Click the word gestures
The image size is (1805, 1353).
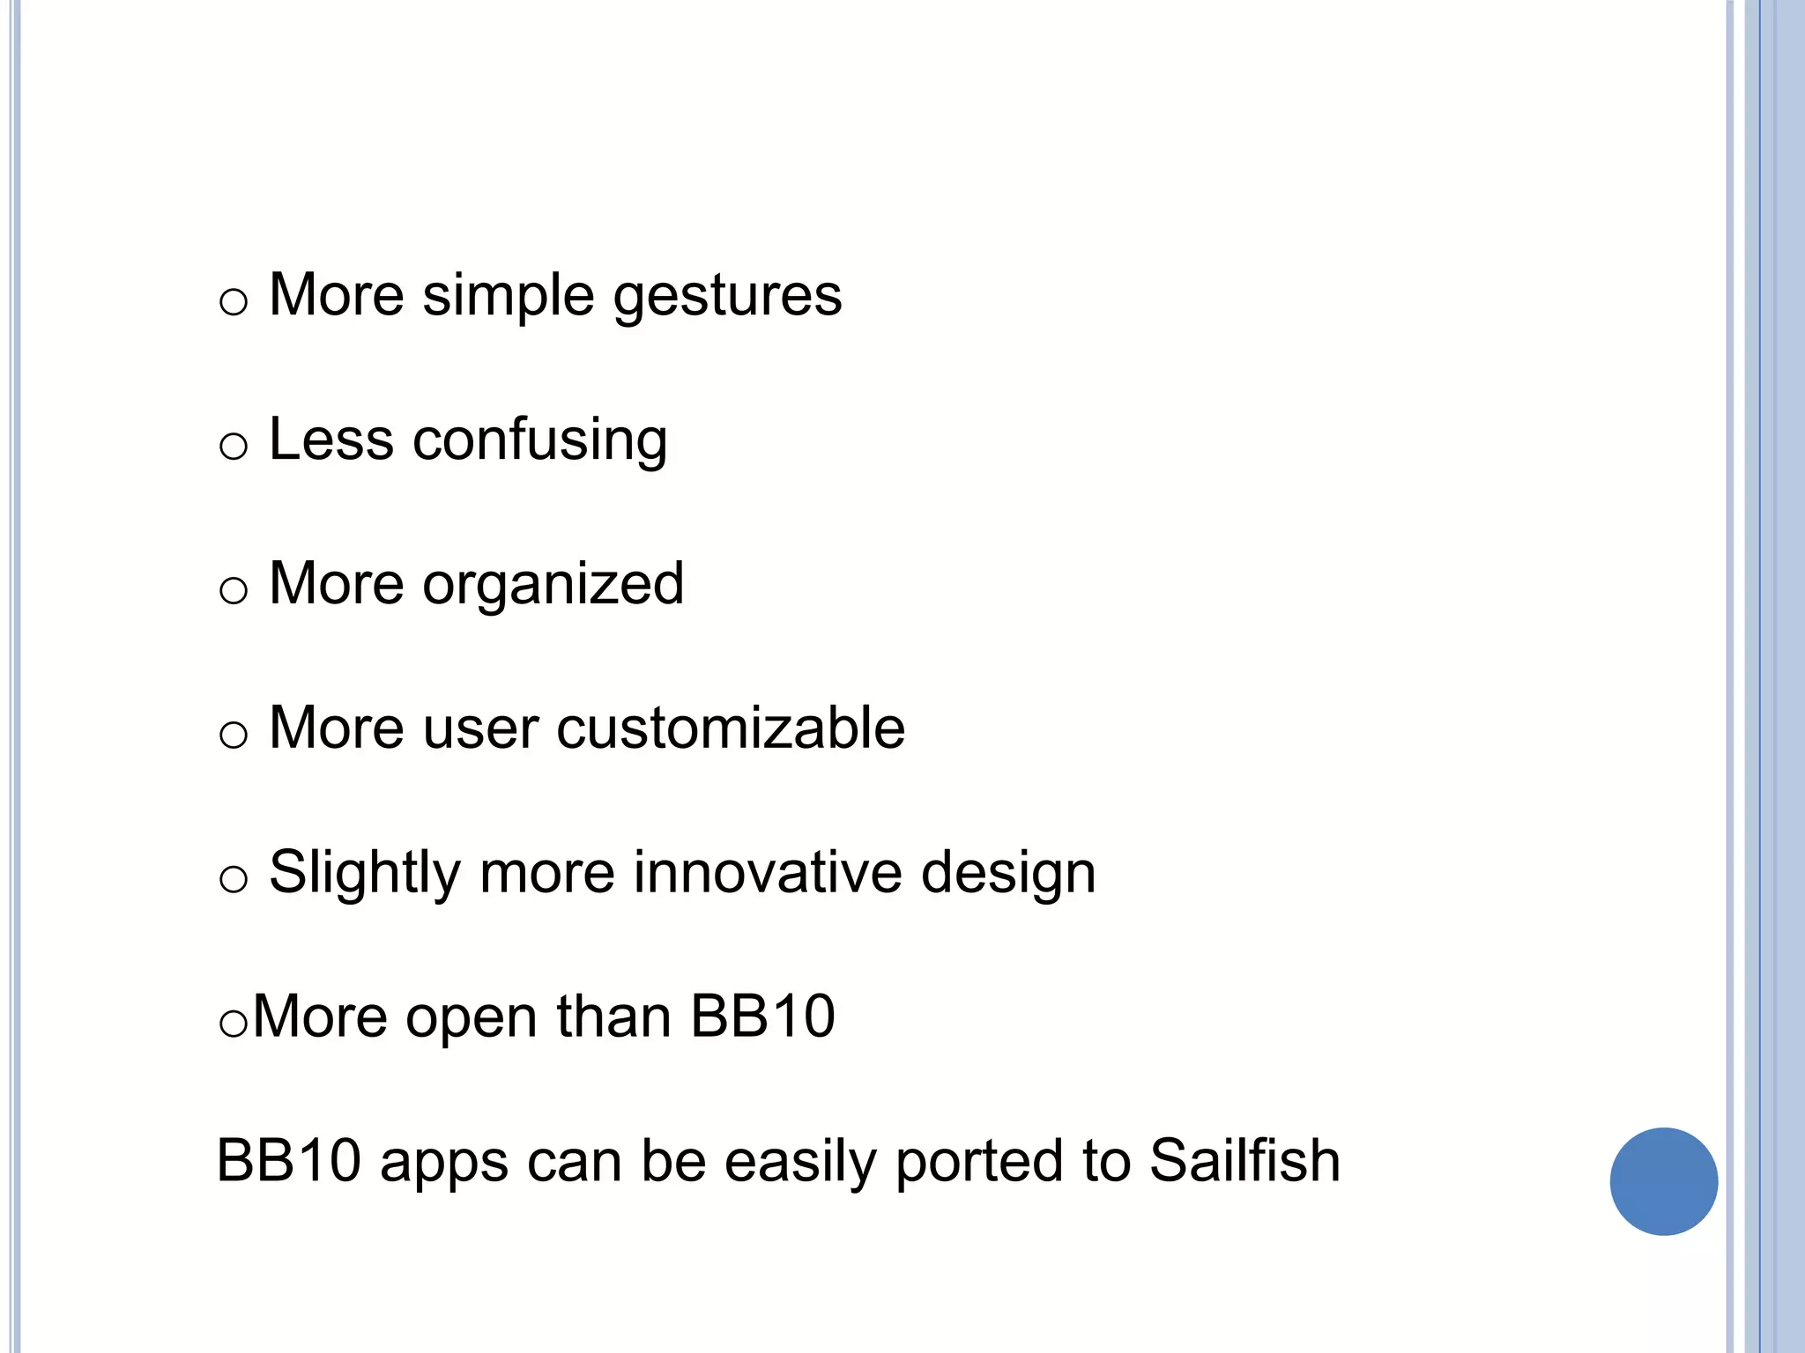tap(727, 296)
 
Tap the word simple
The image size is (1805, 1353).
tap(509, 296)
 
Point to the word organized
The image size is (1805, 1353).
tap(553, 585)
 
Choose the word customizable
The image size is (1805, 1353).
tap(730, 728)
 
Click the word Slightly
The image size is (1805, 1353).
tap(365, 873)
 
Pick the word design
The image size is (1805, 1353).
tap(1008, 873)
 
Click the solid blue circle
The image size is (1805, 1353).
tap(1663, 1181)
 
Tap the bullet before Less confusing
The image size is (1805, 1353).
tap(234, 447)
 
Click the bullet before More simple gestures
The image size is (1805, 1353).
tap(234, 303)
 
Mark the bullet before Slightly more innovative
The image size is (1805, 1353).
tap(234, 879)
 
